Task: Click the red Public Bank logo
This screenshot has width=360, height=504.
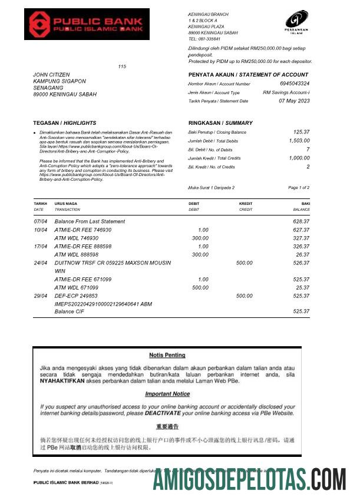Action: pos(87,24)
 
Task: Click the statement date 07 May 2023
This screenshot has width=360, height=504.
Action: pos(294,101)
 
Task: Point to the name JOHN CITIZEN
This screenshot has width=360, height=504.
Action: pos(54,75)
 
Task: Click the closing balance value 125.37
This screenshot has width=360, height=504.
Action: pos(301,132)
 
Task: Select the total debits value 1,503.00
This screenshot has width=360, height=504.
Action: pos(299,141)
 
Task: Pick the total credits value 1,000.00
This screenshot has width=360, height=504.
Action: pos(299,158)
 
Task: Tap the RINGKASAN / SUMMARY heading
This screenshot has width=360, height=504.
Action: pos(220,123)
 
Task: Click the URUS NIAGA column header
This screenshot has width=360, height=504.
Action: pos(65,204)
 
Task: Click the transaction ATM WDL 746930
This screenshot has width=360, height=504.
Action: pos(76,238)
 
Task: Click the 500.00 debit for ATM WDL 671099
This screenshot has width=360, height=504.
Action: pos(200,287)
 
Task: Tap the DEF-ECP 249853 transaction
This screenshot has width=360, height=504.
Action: pos(76,296)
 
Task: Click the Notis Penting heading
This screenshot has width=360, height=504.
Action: pos(167,355)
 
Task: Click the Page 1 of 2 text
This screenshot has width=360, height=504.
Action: pos(299,187)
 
